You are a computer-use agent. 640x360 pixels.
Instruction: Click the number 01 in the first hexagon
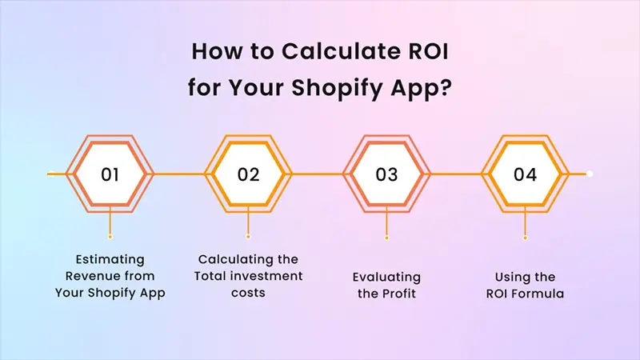(110, 174)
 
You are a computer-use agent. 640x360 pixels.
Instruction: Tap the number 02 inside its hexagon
(249, 174)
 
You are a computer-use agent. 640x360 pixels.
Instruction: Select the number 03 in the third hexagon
(386, 174)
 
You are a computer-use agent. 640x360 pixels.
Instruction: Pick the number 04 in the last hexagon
(525, 174)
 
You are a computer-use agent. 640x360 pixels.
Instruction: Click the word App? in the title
(428, 83)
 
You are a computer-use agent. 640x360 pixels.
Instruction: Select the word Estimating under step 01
(110, 259)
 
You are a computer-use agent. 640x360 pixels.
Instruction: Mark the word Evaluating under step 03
(386, 276)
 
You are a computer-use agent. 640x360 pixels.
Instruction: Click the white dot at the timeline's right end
(590, 174)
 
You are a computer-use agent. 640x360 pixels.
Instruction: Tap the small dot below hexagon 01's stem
(110, 237)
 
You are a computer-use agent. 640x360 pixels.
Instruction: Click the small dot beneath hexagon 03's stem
(386, 237)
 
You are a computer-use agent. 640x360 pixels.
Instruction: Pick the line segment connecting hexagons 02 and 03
(318, 174)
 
